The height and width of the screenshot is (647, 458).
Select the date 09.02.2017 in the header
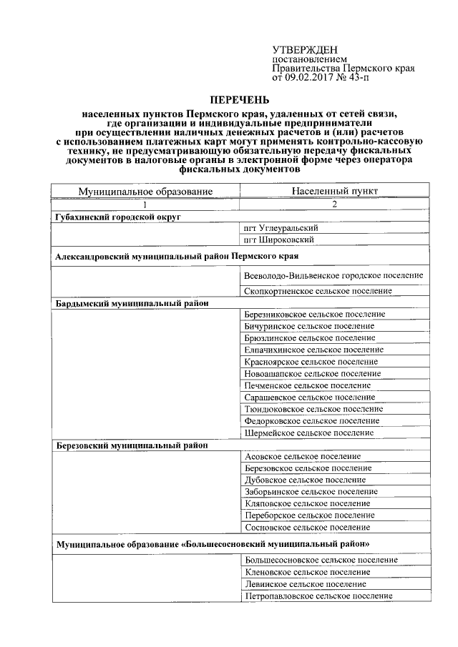pos(311,77)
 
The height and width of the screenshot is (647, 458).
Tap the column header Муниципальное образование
pos(146,191)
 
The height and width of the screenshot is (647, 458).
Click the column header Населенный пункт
pos(335,191)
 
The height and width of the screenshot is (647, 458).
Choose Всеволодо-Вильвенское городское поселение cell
pos(333,275)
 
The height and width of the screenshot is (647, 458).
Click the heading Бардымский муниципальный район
pos(132,302)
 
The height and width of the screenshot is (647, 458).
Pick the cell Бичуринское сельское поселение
pos(308,326)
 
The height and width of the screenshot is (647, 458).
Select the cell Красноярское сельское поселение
pos(311,362)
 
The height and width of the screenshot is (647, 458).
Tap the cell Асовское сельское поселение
pos(302,456)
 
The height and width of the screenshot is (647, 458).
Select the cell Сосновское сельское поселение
pos(307,527)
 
